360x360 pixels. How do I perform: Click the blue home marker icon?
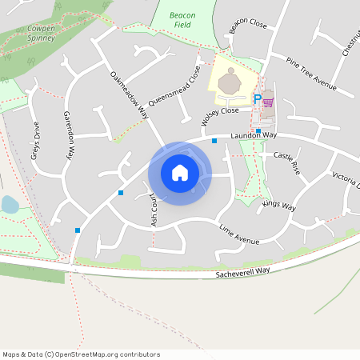pyautogui.click(x=180, y=172)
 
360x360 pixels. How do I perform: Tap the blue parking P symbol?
pyautogui.click(x=257, y=99)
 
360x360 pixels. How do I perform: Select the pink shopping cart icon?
pyautogui.click(x=268, y=102)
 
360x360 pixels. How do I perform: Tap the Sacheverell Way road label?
pyautogui.click(x=243, y=272)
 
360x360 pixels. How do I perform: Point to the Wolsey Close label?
pyautogui.click(x=220, y=113)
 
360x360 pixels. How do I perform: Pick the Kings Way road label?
pyautogui.click(x=279, y=206)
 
